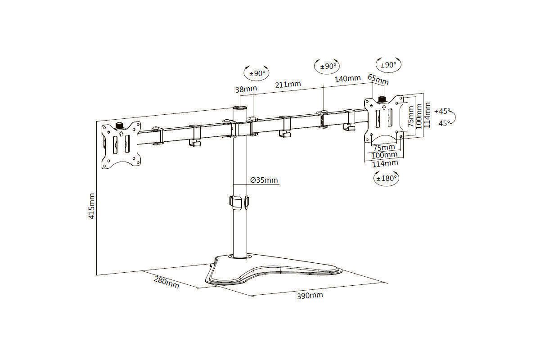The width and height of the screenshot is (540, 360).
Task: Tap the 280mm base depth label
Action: (166, 282)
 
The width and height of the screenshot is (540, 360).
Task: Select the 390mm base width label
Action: (310, 295)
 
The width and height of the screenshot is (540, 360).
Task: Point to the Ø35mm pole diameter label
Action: (264, 180)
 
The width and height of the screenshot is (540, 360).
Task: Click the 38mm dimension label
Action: (246, 89)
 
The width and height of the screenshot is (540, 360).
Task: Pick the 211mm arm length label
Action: (288, 85)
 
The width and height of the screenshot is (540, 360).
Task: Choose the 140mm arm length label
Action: (347, 79)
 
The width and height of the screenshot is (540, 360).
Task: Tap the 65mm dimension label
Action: (378, 80)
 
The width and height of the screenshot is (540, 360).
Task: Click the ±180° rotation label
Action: (387, 179)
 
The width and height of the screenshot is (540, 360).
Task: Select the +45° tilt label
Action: (442, 112)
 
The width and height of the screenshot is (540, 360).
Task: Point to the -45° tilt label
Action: (443, 123)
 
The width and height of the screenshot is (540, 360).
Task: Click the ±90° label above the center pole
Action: (257, 73)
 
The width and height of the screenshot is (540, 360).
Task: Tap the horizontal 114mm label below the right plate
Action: (385, 163)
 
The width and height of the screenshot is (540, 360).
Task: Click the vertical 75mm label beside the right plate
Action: (410, 117)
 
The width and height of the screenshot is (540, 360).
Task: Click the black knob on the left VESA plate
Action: (119, 126)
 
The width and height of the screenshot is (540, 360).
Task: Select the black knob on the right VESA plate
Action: (382, 99)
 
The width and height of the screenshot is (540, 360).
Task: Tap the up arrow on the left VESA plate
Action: (121, 134)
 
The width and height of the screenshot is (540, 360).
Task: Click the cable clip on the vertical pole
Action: (239, 203)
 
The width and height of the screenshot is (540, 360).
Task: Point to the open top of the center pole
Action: (240, 107)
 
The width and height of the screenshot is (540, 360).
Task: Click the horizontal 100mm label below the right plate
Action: (384, 155)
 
